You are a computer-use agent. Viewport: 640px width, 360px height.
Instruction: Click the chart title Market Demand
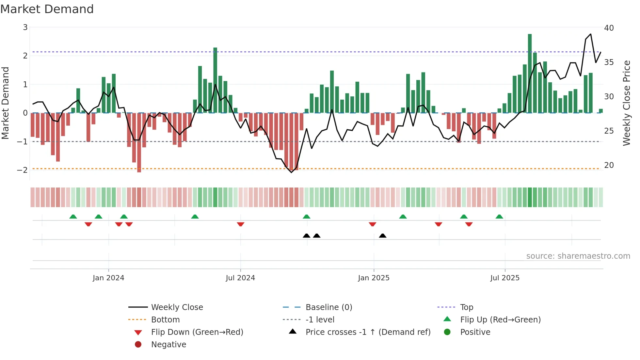[47, 9]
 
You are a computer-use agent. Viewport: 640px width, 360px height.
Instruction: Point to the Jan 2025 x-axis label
[374, 278]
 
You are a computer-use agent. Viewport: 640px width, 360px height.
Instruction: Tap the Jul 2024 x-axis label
[240, 278]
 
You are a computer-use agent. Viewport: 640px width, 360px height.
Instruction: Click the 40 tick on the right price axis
[609, 28]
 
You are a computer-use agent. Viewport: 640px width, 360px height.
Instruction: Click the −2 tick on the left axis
[22, 170]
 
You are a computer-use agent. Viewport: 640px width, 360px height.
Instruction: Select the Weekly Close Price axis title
[626, 103]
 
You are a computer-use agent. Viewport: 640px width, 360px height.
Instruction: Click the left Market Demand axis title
[6, 103]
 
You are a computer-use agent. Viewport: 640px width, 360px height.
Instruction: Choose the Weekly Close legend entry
[177, 307]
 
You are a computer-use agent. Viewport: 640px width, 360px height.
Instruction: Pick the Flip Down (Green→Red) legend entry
[197, 332]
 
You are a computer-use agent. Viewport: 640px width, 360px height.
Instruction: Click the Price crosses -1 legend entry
[368, 332]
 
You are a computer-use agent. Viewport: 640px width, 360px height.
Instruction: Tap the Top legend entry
[466, 307]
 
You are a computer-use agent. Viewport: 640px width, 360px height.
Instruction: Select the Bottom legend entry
[165, 320]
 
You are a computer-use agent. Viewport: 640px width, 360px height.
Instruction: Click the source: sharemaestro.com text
[578, 256]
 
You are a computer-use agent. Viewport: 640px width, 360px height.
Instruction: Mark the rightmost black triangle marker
[383, 236]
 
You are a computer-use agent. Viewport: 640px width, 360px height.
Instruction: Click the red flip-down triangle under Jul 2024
[241, 224]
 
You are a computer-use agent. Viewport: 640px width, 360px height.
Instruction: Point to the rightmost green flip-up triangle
[499, 217]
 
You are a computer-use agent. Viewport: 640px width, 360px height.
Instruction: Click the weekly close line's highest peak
[591, 34]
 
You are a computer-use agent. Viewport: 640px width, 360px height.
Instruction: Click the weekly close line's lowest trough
[292, 172]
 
